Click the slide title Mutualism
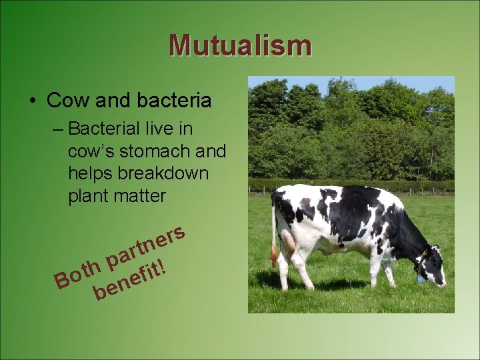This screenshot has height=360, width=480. (x=240, y=45)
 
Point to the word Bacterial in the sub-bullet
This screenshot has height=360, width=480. (x=111, y=128)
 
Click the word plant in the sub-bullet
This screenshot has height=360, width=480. (x=85, y=197)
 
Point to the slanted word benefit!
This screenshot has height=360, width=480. (x=129, y=281)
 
